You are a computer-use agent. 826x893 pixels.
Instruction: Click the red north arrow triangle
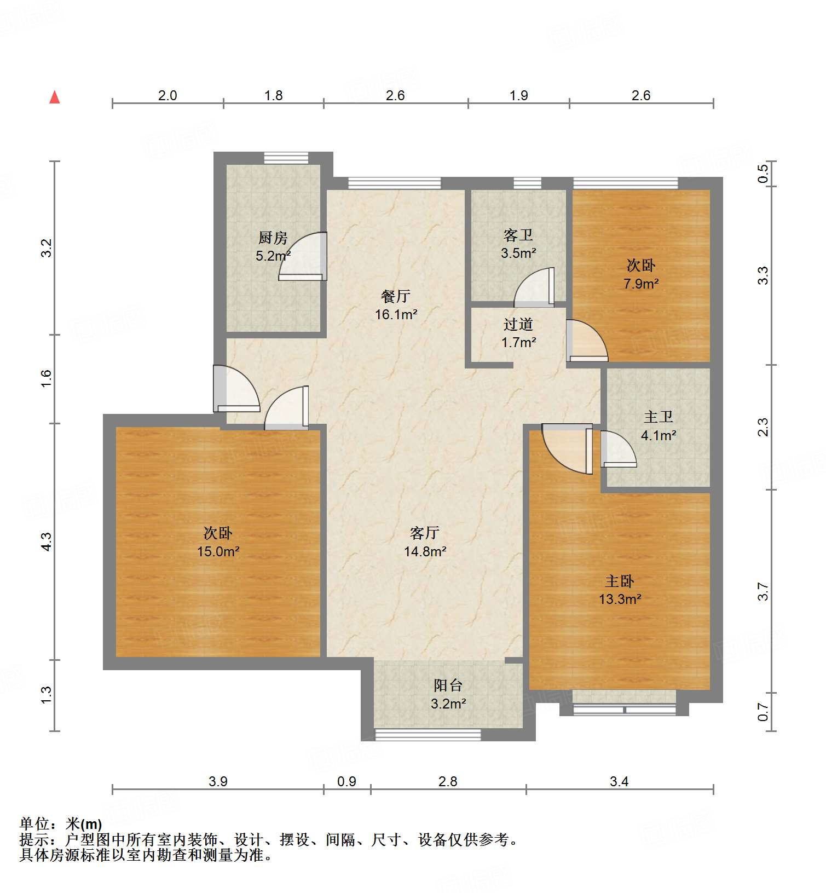click(x=54, y=97)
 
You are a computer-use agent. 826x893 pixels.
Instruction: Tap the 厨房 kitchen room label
click(x=273, y=238)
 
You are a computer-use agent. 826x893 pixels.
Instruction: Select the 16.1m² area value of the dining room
click(x=396, y=315)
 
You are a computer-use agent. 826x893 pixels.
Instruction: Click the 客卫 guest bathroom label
click(x=518, y=235)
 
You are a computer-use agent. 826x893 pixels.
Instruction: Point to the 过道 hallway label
click(x=518, y=325)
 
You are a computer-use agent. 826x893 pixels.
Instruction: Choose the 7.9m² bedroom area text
click(x=640, y=284)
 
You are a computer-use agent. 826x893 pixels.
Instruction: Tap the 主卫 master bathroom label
click(x=658, y=417)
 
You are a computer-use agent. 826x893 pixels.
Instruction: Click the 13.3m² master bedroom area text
click(x=620, y=600)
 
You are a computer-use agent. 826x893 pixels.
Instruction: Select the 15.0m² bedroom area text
click(x=218, y=551)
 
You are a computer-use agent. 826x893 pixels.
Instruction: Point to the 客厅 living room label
click(x=425, y=533)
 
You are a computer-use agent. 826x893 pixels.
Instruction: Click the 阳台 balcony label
click(x=448, y=685)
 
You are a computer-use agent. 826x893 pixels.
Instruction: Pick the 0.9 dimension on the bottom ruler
click(x=346, y=782)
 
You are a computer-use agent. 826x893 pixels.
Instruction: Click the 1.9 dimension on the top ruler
click(x=518, y=96)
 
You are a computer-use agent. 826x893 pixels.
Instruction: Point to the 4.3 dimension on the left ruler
click(x=47, y=541)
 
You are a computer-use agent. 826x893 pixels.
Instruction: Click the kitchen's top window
click(x=286, y=158)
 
